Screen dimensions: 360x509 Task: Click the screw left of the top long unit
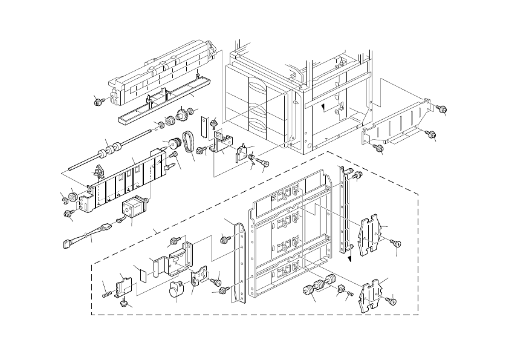(x=99, y=100)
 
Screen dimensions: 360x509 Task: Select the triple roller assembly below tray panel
(x=318, y=286)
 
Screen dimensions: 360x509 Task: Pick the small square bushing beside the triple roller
(x=340, y=287)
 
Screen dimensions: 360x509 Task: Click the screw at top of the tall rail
(x=357, y=176)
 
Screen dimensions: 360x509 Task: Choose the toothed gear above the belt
(x=180, y=114)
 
